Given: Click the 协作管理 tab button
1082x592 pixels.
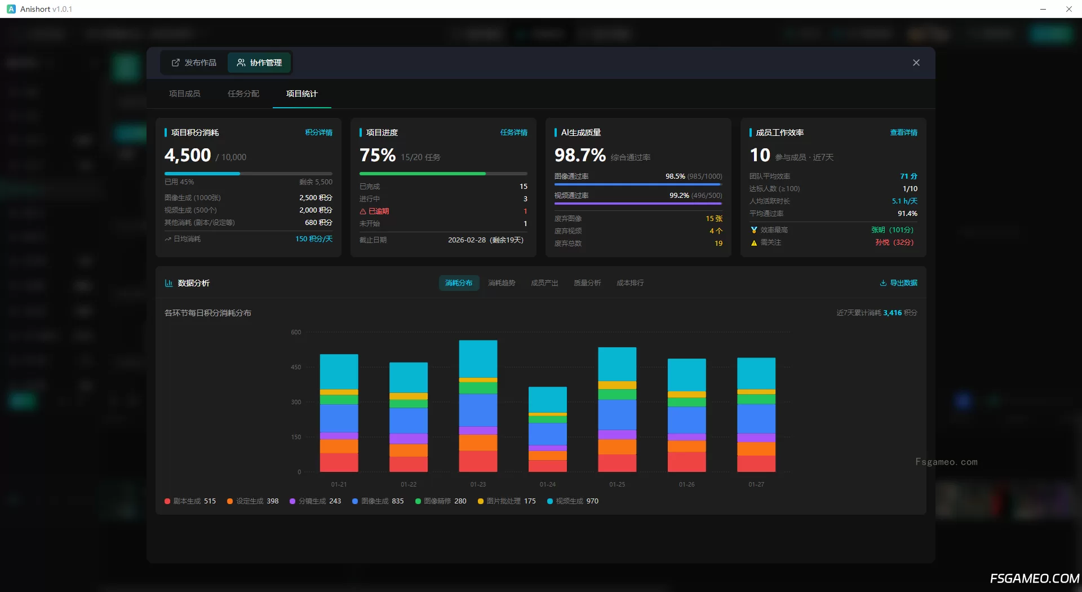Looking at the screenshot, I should pyautogui.click(x=259, y=63).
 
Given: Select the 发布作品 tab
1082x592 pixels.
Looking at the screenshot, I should pyautogui.click(x=194, y=63).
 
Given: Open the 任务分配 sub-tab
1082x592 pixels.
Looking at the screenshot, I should pyautogui.click(x=243, y=94).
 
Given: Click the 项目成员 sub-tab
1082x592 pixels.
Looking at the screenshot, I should pyautogui.click(x=185, y=94).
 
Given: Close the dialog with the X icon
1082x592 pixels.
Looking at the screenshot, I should pyautogui.click(x=916, y=63).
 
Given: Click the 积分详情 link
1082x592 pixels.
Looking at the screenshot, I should pyautogui.click(x=318, y=132).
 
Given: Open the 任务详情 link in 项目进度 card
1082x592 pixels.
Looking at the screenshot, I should pyautogui.click(x=513, y=132).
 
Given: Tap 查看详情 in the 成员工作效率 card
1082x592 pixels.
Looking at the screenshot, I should pyautogui.click(x=903, y=132).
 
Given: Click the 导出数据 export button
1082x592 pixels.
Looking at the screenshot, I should pyautogui.click(x=899, y=283).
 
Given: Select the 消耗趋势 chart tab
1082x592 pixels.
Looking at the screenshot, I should pyautogui.click(x=502, y=283).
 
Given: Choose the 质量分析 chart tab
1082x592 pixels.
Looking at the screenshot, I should pyautogui.click(x=587, y=283).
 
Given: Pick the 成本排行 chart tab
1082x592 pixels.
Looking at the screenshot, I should pyautogui.click(x=630, y=283).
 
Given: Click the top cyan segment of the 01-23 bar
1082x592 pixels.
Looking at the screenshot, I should pyautogui.click(x=478, y=359).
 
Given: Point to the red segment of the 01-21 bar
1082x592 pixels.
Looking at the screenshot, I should pyautogui.click(x=339, y=462).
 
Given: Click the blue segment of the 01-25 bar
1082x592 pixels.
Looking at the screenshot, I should pyautogui.click(x=617, y=414).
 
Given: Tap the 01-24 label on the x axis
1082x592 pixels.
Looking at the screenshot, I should pyautogui.click(x=547, y=484).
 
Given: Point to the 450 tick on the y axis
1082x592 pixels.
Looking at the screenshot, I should pyautogui.click(x=296, y=367).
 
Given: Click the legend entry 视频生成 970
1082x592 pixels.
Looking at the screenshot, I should pyautogui.click(x=573, y=501).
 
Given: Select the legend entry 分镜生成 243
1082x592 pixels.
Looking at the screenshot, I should pyautogui.click(x=315, y=501).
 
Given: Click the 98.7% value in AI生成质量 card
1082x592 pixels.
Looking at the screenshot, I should pyautogui.click(x=580, y=155).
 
